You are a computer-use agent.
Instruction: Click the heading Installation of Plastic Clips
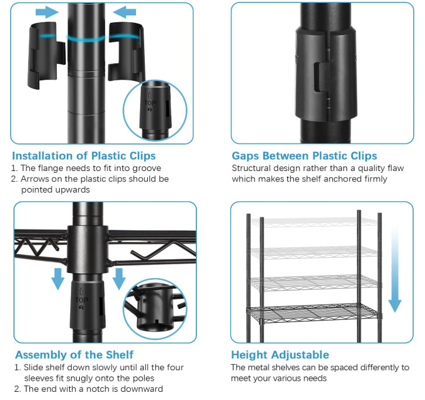(x=84, y=156)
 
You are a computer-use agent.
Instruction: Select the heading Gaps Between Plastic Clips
(x=304, y=156)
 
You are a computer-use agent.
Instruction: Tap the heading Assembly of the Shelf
(x=74, y=355)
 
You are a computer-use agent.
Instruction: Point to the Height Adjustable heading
(x=280, y=355)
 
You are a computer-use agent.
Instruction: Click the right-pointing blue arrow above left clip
(x=47, y=12)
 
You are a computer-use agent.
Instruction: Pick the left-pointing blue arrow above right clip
(x=124, y=12)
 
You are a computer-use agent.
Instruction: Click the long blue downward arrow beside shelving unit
(x=395, y=270)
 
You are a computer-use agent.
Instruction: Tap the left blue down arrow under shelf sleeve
(x=58, y=279)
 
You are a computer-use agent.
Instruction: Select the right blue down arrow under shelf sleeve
(x=119, y=279)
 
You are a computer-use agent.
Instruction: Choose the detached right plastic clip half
(x=126, y=52)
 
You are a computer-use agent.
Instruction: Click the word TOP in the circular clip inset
(x=150, y=103)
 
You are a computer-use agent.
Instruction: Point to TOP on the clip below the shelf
(x=81, y=300)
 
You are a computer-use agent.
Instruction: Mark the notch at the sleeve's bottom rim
(x=157, y=322)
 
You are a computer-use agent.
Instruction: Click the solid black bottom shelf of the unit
(x=314, y=313)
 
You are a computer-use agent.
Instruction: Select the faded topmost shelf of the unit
(x=314, y=222)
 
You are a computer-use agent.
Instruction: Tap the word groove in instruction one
(x=147, y=169)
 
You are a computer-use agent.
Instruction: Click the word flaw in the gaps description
(x=396, y=168)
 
